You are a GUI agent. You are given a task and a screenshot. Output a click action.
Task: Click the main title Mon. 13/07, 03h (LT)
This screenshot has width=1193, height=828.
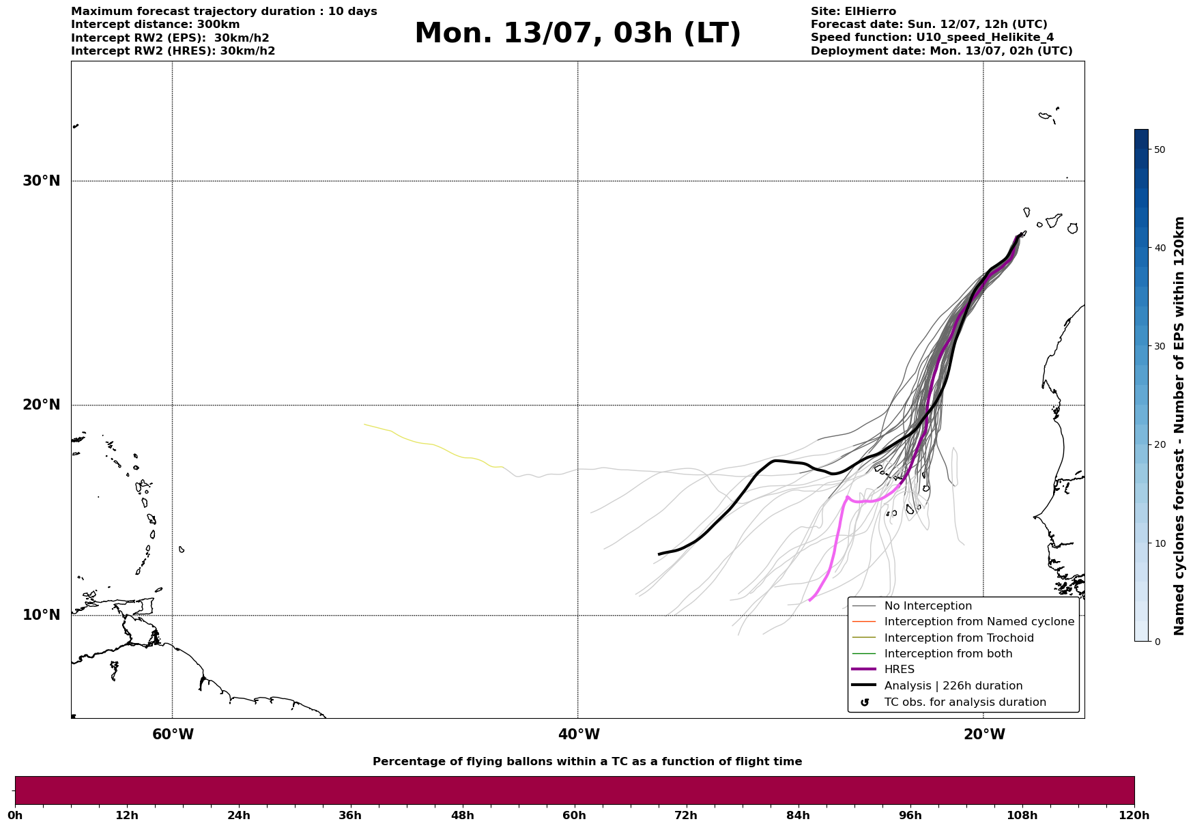coord(577,33)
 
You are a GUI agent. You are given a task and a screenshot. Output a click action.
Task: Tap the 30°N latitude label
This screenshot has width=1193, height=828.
coord(41,181)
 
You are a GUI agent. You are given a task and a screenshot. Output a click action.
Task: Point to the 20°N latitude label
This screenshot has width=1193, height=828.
coord(41,405)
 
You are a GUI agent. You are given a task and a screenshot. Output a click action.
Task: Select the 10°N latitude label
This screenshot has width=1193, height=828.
coord(41,615)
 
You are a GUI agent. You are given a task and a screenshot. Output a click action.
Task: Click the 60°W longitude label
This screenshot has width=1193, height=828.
coord(173,734)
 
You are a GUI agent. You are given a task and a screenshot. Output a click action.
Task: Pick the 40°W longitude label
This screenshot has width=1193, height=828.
coord(579,734)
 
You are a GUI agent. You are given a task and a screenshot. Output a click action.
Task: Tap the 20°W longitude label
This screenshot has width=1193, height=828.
coord(984,734)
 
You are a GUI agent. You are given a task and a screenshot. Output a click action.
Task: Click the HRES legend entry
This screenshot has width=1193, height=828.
coord(899,670)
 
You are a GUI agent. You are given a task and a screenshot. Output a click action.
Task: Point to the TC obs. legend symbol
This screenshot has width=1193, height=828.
coord(865,702)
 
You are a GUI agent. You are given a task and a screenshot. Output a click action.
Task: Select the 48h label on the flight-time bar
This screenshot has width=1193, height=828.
coord(462,816)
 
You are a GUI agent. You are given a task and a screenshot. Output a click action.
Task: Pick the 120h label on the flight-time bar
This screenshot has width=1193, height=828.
coord(1134,816)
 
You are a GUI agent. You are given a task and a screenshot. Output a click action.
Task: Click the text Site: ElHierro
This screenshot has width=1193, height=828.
coord(853,12)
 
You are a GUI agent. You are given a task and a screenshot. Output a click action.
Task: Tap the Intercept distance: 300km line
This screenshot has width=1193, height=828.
coord(156,25)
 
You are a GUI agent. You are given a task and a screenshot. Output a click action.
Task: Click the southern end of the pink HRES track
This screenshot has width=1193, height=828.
coord(809,601)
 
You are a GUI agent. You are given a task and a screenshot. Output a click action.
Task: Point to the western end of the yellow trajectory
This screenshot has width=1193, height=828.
coord(365,425)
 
